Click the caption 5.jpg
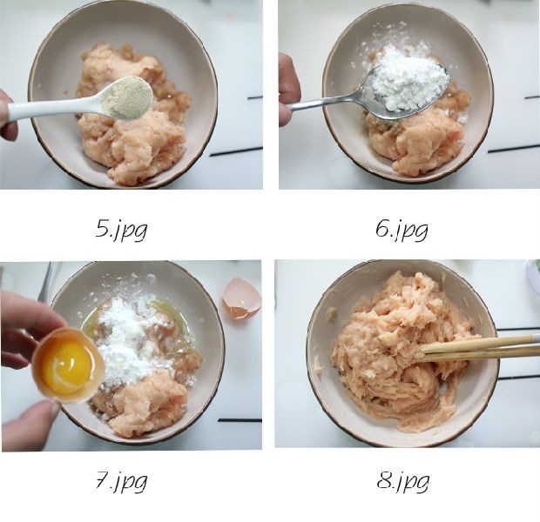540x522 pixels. (121, 230)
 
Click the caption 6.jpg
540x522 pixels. (402, 230)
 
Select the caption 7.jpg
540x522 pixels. (121, 481)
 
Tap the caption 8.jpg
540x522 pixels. (403, 481)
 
